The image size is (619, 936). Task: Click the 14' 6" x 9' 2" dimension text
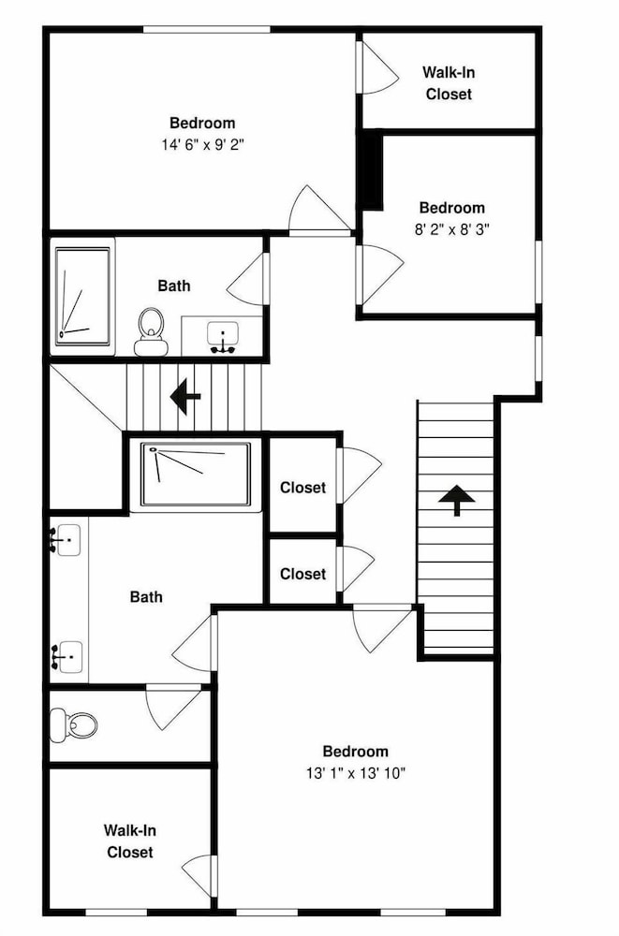pos(202,144)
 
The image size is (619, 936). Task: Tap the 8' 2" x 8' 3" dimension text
pos(451,229)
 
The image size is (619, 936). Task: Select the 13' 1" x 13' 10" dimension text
pos(356,773)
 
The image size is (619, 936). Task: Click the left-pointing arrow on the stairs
pos(185,396)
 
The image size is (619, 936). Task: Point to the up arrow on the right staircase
pos(456,500)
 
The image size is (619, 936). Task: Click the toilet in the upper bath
pos(151,332)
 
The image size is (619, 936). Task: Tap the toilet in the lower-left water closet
pos(73,724)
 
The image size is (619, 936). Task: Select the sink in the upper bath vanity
pos(222,338)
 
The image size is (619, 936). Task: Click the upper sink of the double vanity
pos(66,540)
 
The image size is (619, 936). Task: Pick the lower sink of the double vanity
pos(66,657)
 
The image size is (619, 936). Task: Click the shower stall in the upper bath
pos(82,297)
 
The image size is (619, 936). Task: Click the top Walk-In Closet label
pos(449,83)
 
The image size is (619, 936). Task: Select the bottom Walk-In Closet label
pos(129,841)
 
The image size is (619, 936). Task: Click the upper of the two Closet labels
pos(302,488)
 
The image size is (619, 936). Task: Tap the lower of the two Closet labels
pos(302,574)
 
